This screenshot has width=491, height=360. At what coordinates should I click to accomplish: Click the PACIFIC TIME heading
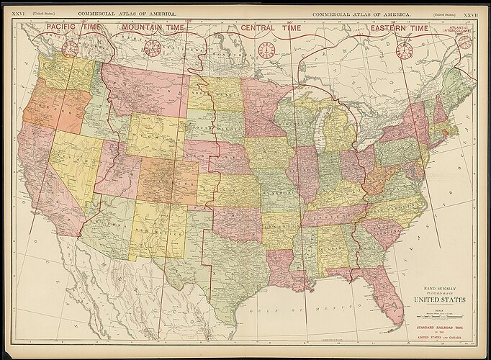(73, 27)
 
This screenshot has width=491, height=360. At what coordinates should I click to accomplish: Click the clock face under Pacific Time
(70, 49)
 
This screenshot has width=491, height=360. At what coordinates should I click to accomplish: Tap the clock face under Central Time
(266, 50)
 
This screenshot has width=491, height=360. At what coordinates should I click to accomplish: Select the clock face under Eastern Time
(405, 50)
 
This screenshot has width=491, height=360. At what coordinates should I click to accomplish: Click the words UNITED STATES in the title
(439, 300)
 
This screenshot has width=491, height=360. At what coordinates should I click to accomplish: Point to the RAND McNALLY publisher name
(439, 287)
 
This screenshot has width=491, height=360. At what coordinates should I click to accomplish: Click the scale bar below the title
(439, 315)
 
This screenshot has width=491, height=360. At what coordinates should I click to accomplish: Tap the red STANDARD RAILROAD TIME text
(439, 326)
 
